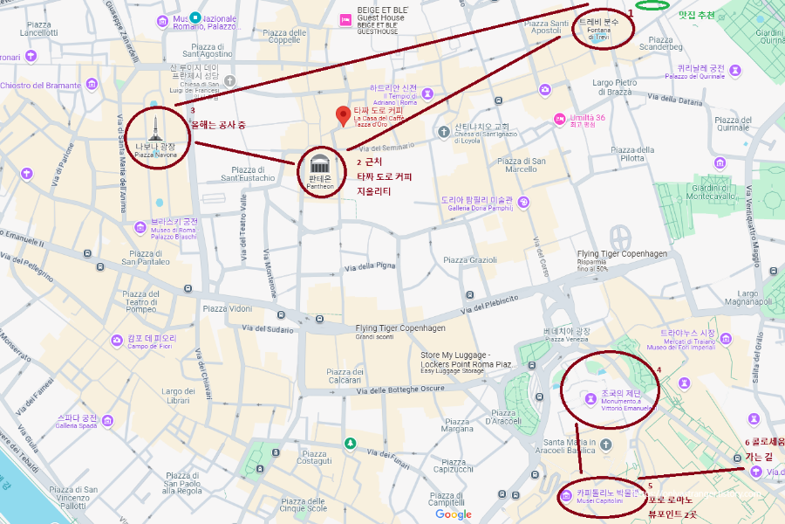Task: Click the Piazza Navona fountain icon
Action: point(155,129)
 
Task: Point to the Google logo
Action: point(454,514)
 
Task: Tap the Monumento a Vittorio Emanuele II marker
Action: point(590,399)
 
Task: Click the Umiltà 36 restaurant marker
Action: point(559,119)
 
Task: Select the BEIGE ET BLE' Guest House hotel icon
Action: point(346,19)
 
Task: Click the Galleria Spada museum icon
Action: point(107,421)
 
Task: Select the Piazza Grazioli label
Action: point(470,259)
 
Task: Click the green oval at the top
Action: point(652,6)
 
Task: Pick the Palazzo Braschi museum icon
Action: point(140,228)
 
